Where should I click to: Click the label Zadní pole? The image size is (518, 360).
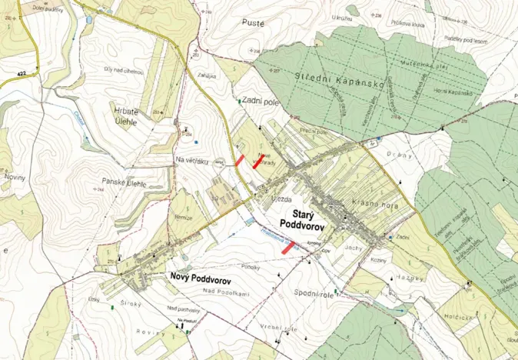(260, 100)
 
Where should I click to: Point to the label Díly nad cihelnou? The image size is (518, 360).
(125, 71)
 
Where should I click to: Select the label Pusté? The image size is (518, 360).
(253, 23)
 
